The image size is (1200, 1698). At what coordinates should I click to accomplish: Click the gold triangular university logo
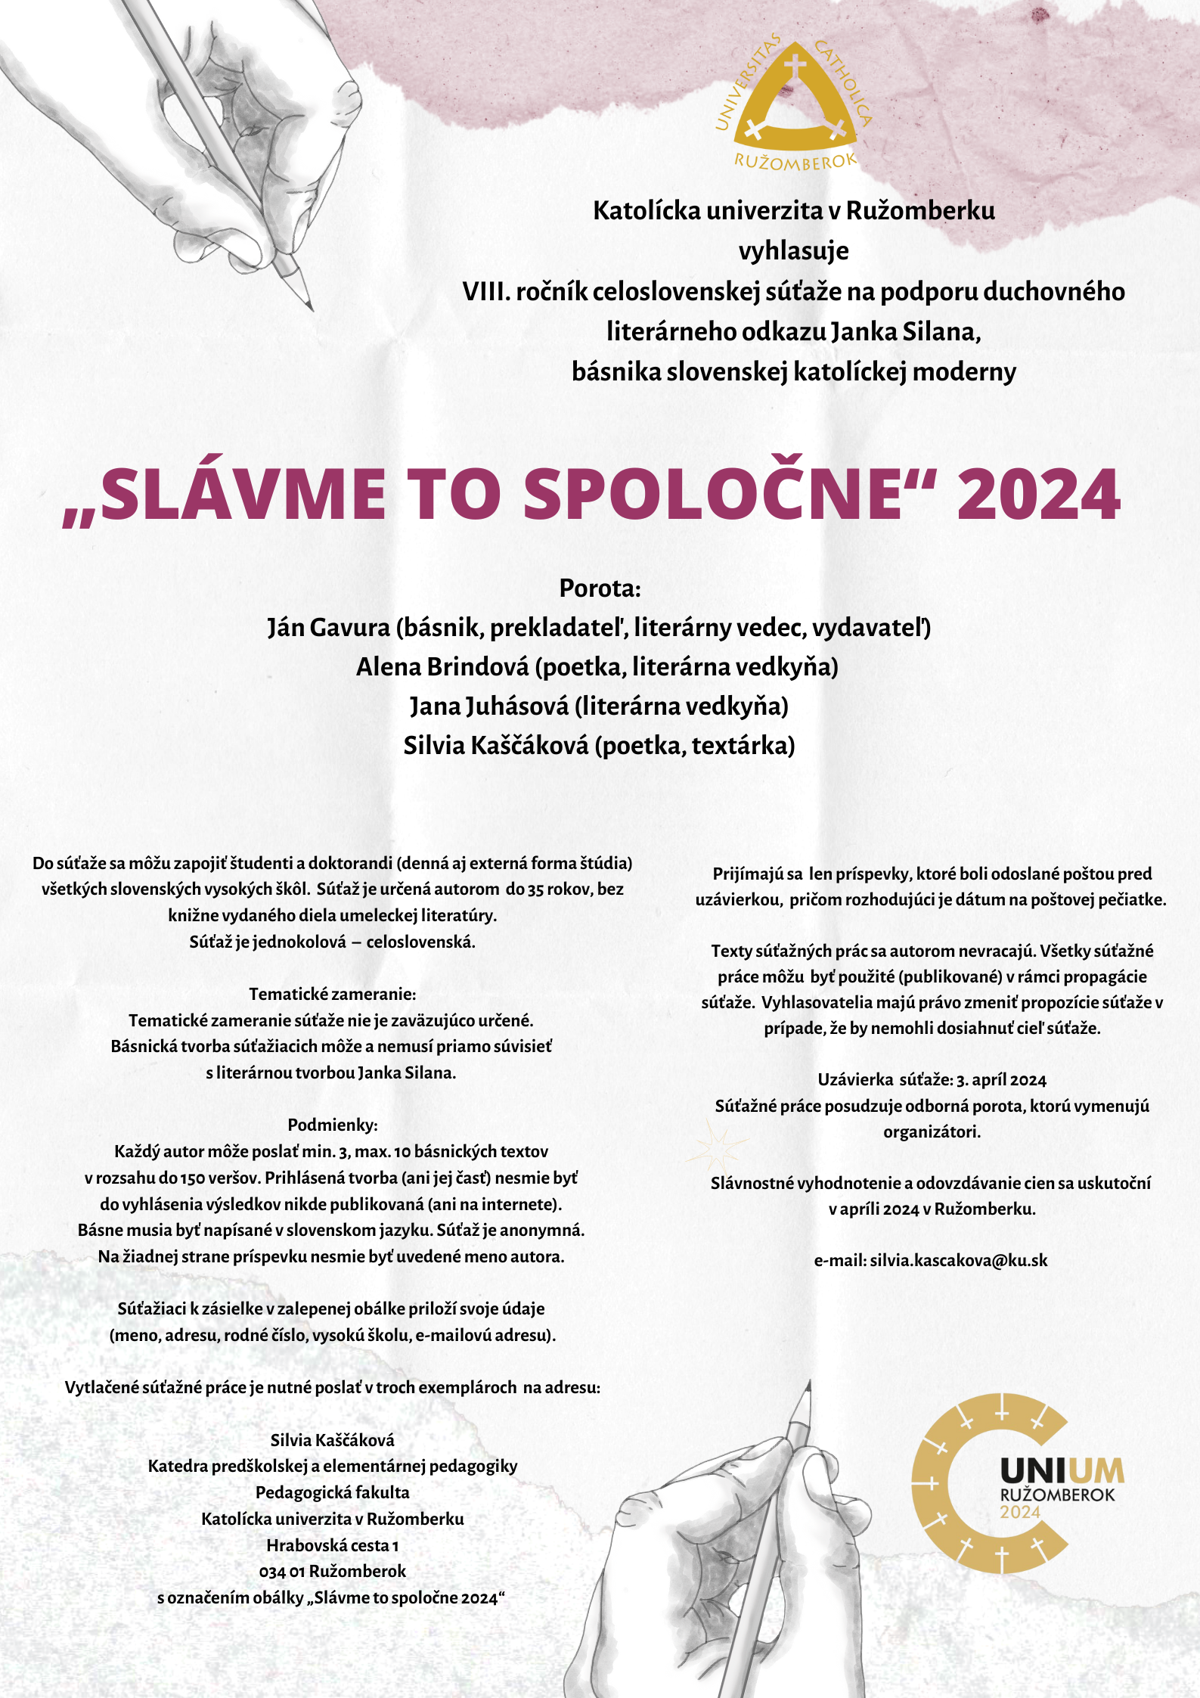[794, 102]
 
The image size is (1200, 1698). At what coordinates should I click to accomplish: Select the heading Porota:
[600, 588]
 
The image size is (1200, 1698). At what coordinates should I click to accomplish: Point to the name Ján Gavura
[328, 627]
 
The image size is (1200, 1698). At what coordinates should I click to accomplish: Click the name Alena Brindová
[442, 666]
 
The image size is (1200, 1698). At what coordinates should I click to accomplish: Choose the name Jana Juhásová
[489, 706]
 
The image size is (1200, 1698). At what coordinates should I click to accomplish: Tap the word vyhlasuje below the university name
[793, 250]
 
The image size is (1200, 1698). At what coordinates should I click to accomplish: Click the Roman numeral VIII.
[485, 291]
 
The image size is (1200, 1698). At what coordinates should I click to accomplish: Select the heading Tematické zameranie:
[333, 994]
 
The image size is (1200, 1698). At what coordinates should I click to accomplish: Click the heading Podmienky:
[333, 1125]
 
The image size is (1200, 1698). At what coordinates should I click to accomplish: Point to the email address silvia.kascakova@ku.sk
[958, 1260]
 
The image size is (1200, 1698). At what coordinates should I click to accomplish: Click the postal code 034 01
[281, 1572]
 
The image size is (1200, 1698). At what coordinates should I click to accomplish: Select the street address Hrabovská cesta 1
[332, 1545]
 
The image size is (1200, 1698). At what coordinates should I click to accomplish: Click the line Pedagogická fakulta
[332, 1492]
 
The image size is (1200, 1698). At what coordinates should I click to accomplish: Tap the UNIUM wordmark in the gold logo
[1062, 1471]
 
